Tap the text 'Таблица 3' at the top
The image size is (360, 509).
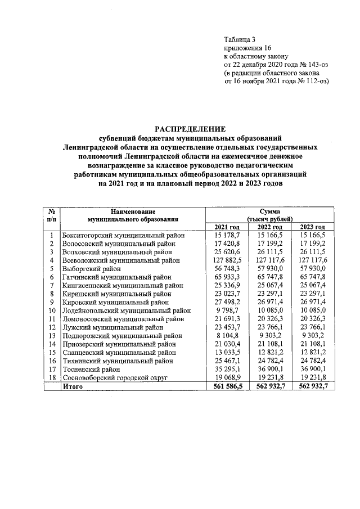tap(240, 39)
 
